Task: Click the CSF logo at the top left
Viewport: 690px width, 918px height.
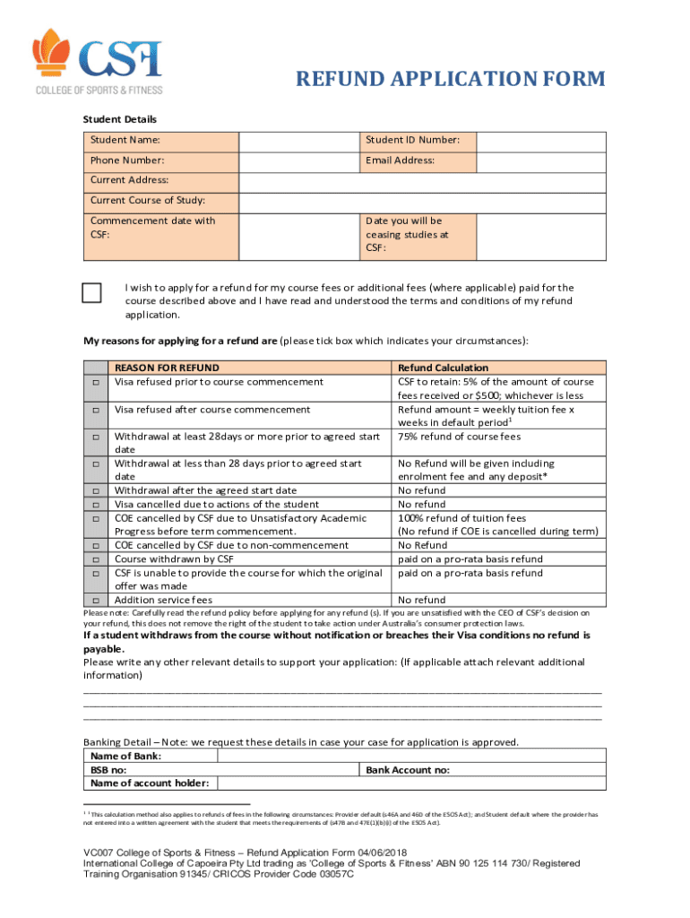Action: (x=98, y=61)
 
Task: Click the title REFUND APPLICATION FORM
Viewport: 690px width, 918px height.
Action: (x=451, y=80)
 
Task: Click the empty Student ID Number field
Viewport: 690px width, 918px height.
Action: (x=541, y=141)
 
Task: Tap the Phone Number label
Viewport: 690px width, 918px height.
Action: (x=127, y=160)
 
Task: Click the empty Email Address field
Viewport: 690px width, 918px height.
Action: (x=541, y=160)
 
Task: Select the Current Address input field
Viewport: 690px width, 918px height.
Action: (x=421, y=180)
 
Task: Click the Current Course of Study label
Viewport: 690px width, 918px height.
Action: (x=148, y=200)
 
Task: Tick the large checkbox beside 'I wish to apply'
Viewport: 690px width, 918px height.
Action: (x=92, y=293)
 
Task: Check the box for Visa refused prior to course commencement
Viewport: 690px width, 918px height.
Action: (x=93, y=384)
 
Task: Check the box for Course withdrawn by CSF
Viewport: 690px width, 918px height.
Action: (x=93, y=560)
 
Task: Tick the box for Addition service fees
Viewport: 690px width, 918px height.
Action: (x=93, y=601)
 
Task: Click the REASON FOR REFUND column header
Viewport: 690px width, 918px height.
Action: (x=167, y=368)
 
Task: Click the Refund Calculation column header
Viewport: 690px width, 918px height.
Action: (x=443, y=368)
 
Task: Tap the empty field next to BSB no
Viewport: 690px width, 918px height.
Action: (x=286, y=770)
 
